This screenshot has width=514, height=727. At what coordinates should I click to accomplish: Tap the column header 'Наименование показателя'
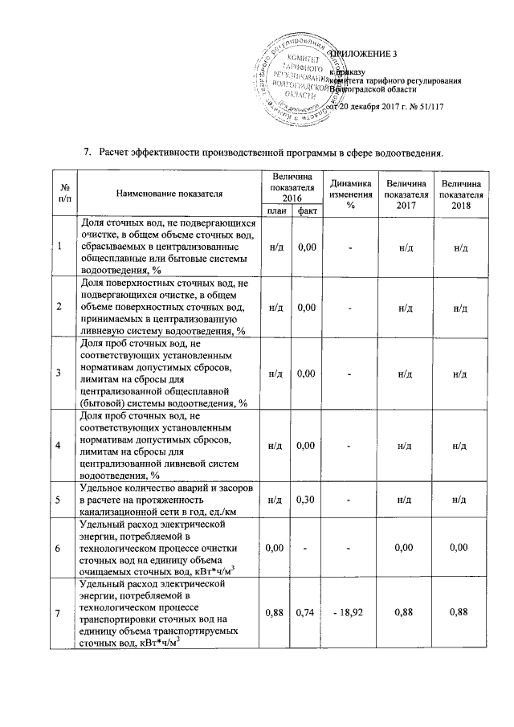[x=169, y=193]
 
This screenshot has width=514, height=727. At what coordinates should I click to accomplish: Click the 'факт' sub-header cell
[x=304, y=210]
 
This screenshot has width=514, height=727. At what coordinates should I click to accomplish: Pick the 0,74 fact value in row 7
[x=304, y=612]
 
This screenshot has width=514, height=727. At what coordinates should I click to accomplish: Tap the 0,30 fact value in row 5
[x=304, y=499]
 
